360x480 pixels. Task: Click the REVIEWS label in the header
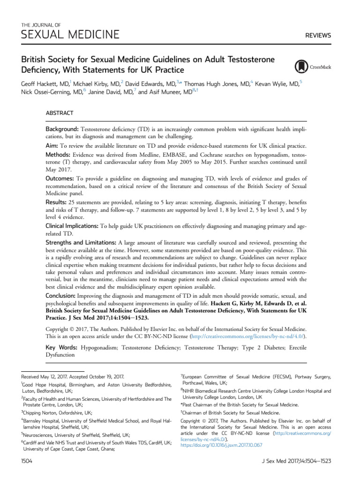[318, 35]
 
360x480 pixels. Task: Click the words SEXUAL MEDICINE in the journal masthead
[70, 34]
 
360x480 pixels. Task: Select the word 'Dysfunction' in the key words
[61, 355]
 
